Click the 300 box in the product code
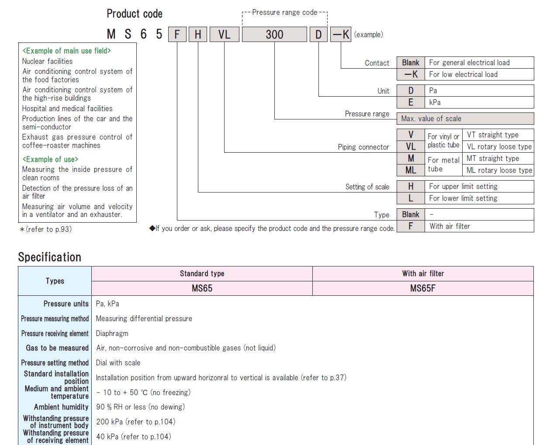click(x=274, y=34)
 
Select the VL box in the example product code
click(x=224, y=34)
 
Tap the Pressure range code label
click(x=284, y=12)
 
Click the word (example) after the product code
click(x=368, y=35)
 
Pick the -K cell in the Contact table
click(x=411, y=74)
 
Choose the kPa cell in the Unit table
click(x=479, y=102)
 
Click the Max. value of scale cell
click(x=465, y=119)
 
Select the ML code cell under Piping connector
click(x=411, y=170)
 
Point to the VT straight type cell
click(x=498, y=135)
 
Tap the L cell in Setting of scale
click(x=411, y=198)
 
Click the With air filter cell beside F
click(x=479, y=226)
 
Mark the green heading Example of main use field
click(x=67, y=51)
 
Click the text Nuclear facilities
click(x=47, y=61)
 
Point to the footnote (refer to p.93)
click(x=46, y=229)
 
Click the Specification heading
click(x=50, y=257)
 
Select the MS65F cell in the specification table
click(x=423, y=288)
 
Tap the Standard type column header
click(x=202, y=273)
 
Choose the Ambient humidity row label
click(x=61, y=407)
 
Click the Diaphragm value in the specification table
click(x=112, y=333)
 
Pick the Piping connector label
click(x=363, y=147)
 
